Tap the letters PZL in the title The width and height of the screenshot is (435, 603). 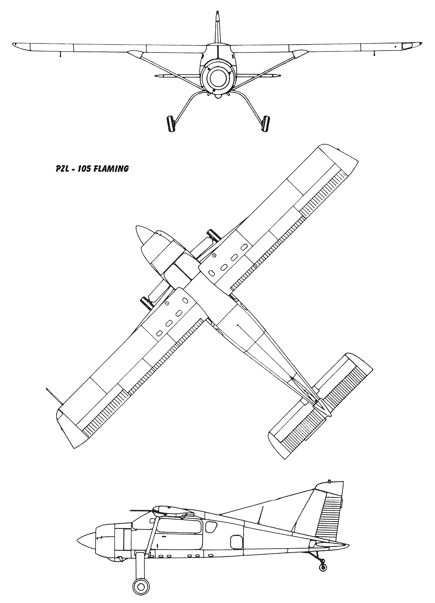62,169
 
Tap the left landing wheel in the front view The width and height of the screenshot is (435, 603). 171,123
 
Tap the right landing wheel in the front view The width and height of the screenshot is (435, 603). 266,123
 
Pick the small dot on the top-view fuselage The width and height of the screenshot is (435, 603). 238,325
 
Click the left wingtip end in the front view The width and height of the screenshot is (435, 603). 14,44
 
